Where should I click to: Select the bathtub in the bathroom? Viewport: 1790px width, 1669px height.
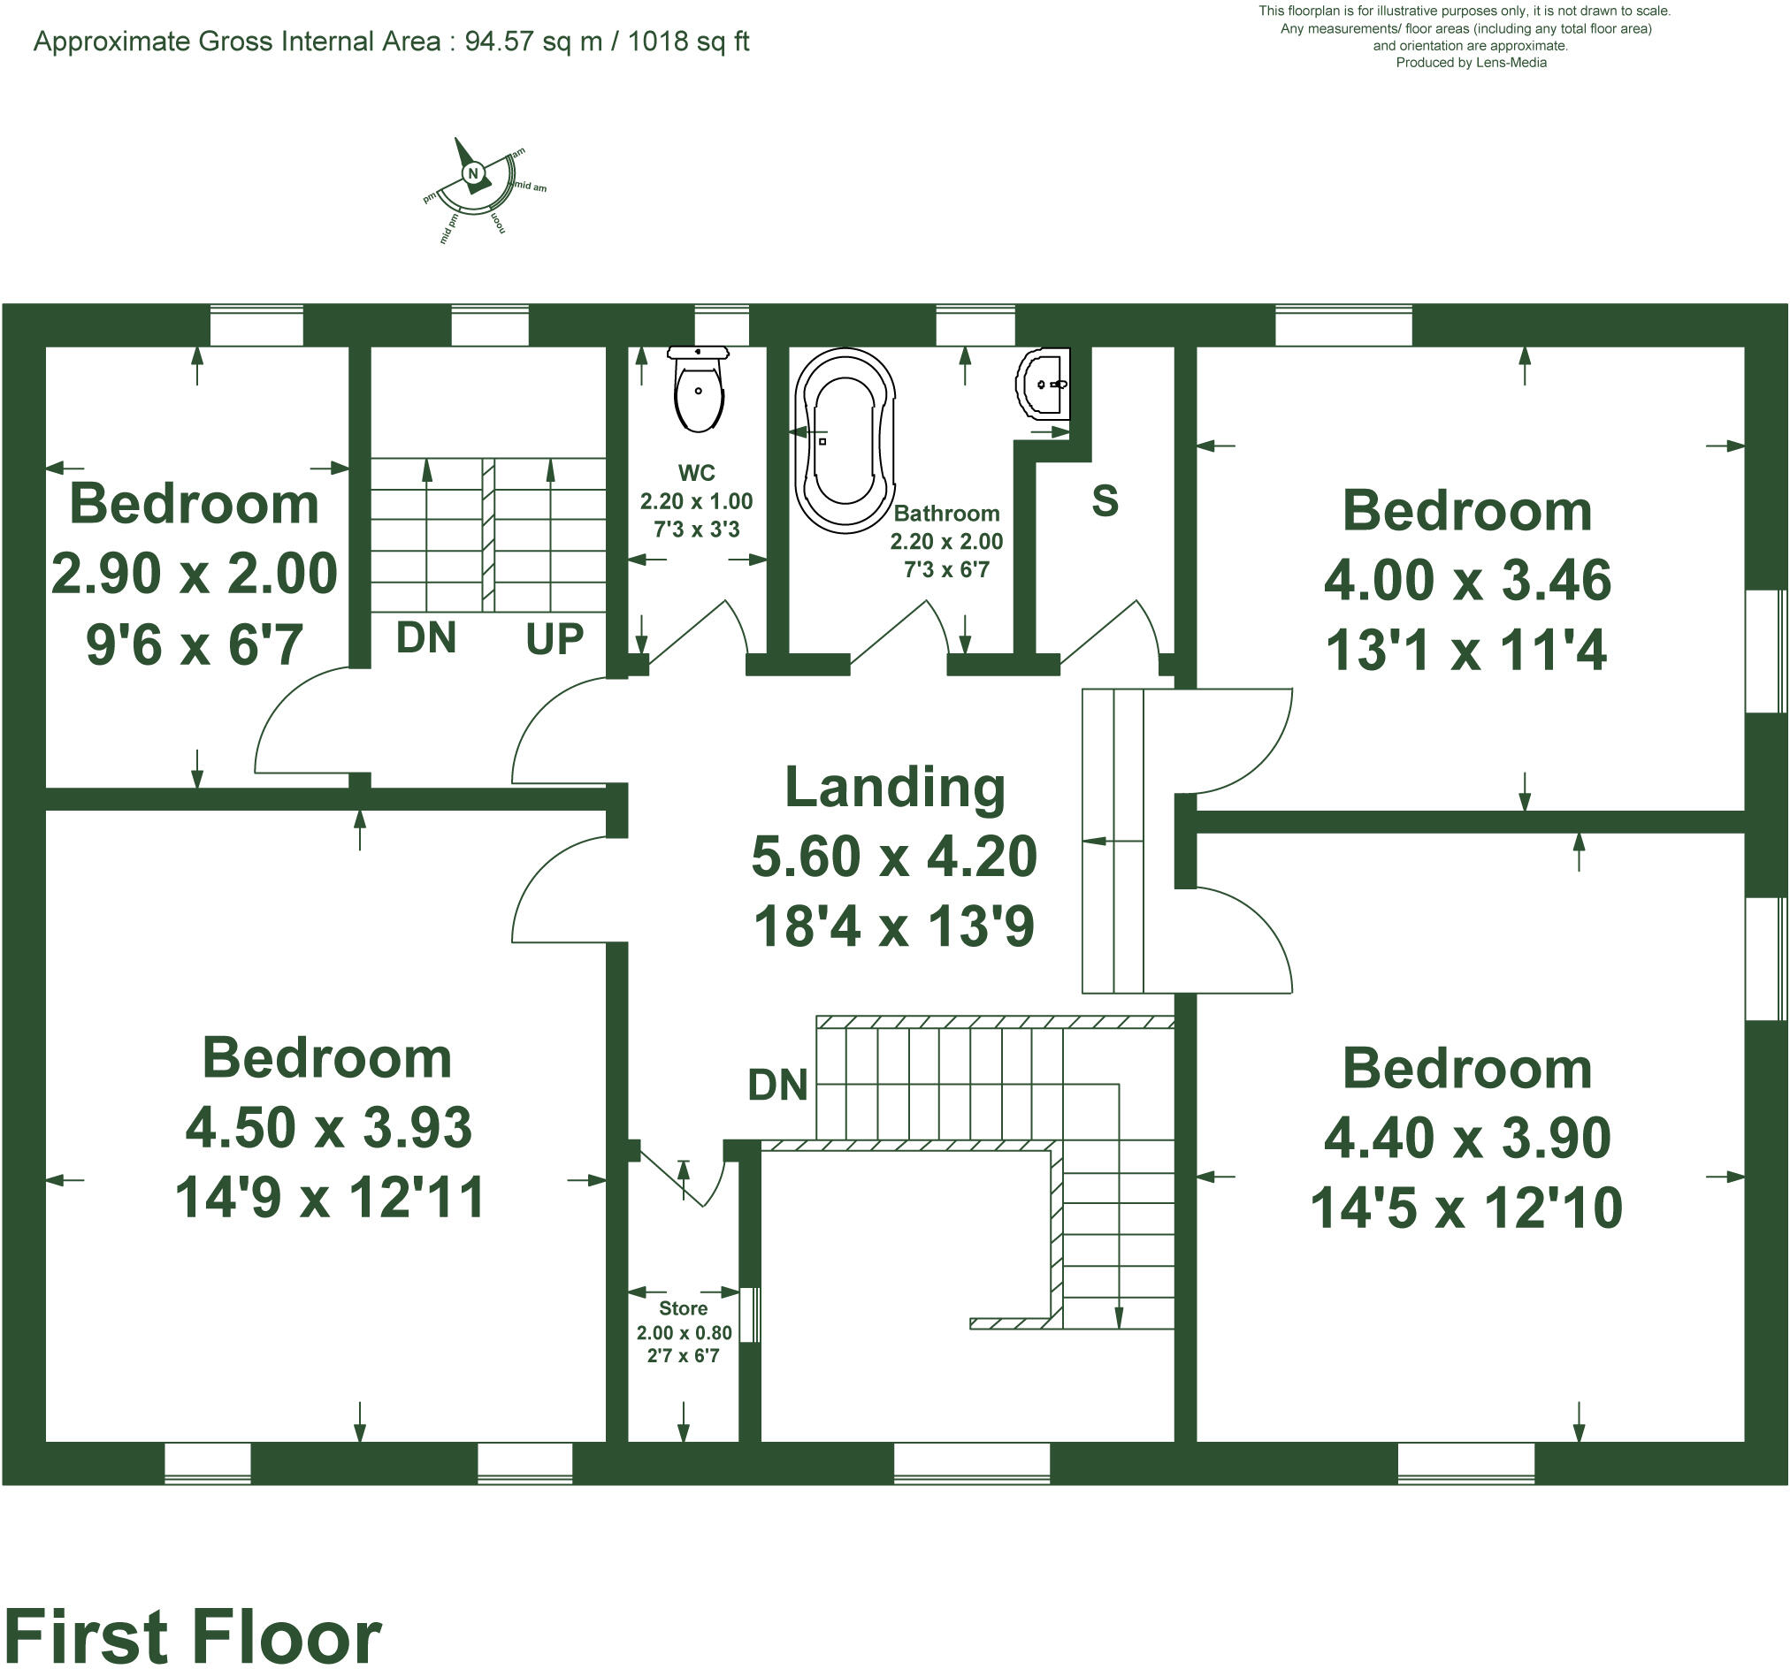coord(845,440)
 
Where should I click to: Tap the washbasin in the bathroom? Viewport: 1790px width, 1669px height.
coord(1044,385)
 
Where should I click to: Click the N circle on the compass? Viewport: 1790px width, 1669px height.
coord(473,174)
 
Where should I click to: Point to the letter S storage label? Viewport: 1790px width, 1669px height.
coord(1105,500)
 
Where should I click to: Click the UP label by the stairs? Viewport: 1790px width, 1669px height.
coord(555,639)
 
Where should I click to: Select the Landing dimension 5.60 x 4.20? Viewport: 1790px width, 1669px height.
coord(894,856)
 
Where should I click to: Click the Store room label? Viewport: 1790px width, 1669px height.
coord(683,1308)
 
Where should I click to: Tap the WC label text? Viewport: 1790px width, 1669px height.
coord(696,473)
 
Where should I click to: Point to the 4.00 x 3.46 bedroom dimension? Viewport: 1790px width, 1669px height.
coord(1466,581)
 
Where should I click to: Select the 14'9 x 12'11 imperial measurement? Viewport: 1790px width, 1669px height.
coord(329,1197)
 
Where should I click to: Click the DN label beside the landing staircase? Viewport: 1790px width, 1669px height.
coord(778,1085)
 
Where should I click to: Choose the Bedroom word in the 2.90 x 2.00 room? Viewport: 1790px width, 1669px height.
coord(194,503)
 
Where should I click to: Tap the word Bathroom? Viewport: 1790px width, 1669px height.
coord(946,513)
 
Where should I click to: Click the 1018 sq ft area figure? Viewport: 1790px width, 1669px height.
coord(688,42)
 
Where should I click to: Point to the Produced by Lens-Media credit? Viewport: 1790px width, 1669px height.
coord(1471,62)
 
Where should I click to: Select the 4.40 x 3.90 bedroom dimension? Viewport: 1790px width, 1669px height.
coord(1466,1138)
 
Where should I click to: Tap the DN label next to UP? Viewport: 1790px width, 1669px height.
coord(426,638)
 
